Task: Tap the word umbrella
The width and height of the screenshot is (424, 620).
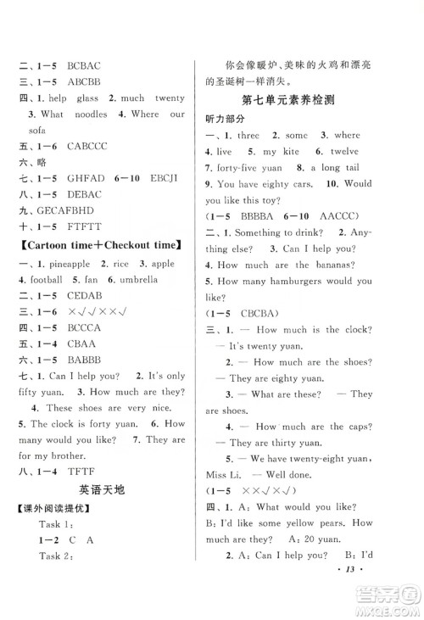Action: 148,280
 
